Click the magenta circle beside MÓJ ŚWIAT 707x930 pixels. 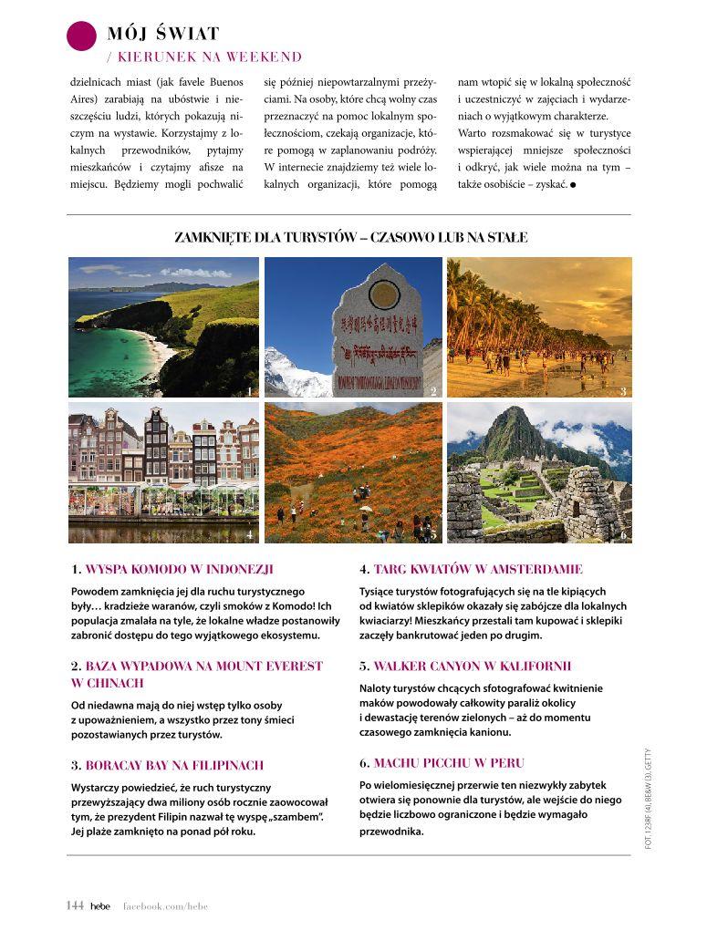click(82, 36)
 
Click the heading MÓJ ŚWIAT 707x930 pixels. click(163, 35)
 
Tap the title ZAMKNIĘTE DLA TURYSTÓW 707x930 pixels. click(350, 238)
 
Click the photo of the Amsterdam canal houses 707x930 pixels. click(163, 472)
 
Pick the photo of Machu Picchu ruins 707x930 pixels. click(538, 472)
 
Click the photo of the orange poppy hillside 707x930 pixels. click(353, 472)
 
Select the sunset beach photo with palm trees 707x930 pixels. click(538, 327)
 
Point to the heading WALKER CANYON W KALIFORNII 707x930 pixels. click(472, 666)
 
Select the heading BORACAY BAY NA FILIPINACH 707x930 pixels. click(173, 765)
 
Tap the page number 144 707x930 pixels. click(75, 904)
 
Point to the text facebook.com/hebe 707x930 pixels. click(166, 904)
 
